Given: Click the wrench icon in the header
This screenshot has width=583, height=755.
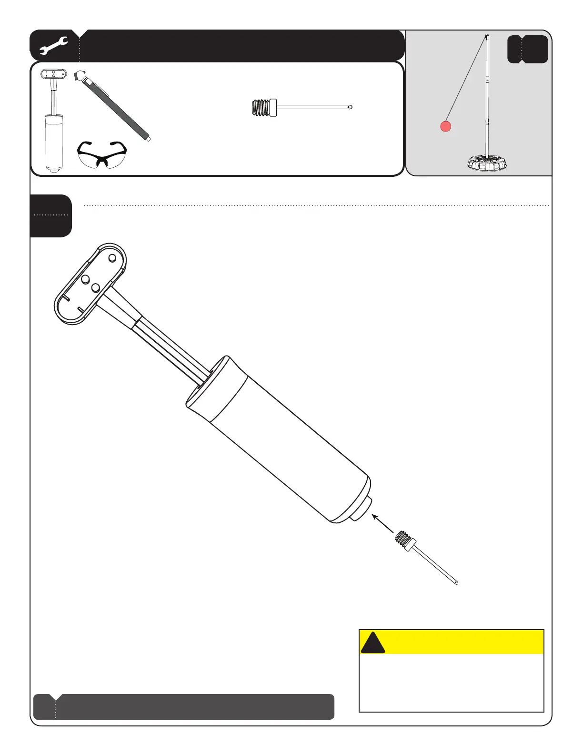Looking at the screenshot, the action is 53,46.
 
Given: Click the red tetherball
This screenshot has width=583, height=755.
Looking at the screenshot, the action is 445,126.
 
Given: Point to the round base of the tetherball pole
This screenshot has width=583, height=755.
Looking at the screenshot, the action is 486,163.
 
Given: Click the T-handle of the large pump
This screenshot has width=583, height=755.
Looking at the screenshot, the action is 90,284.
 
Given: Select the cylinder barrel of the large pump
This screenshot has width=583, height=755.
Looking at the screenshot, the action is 279,441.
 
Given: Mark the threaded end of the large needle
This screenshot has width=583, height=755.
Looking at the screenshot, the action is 402,541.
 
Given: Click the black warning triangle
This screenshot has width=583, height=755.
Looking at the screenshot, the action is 372,643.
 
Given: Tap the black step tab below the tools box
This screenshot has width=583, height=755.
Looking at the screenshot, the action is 50,215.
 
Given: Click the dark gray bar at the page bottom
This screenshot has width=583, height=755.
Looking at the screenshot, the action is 183,706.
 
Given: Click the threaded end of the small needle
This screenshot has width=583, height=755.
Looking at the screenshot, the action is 260,108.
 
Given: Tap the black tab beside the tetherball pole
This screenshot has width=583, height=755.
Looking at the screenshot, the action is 527,49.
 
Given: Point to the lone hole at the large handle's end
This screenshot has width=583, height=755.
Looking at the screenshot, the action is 112,258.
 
